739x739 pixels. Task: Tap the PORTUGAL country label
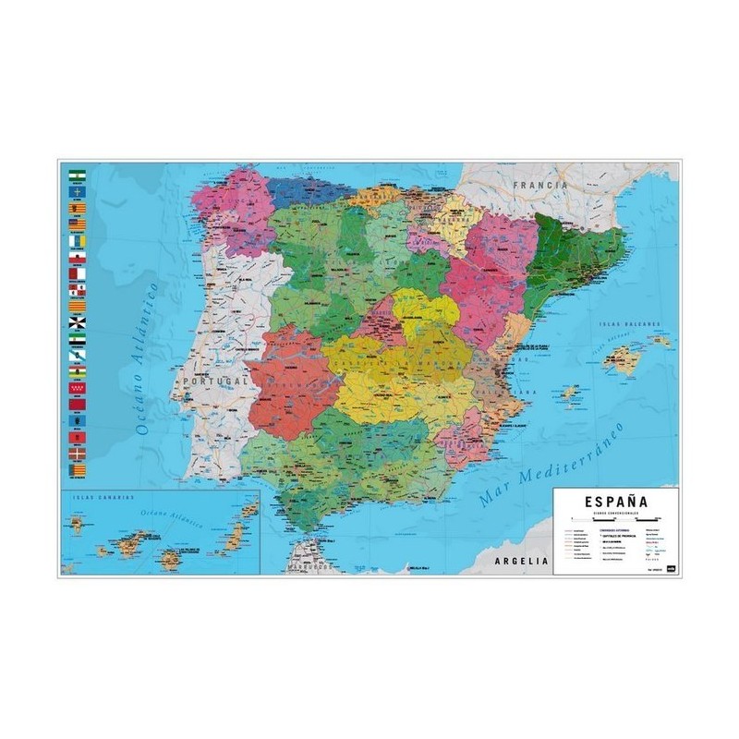click(216, 379)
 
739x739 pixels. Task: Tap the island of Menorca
click(660, 340)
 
